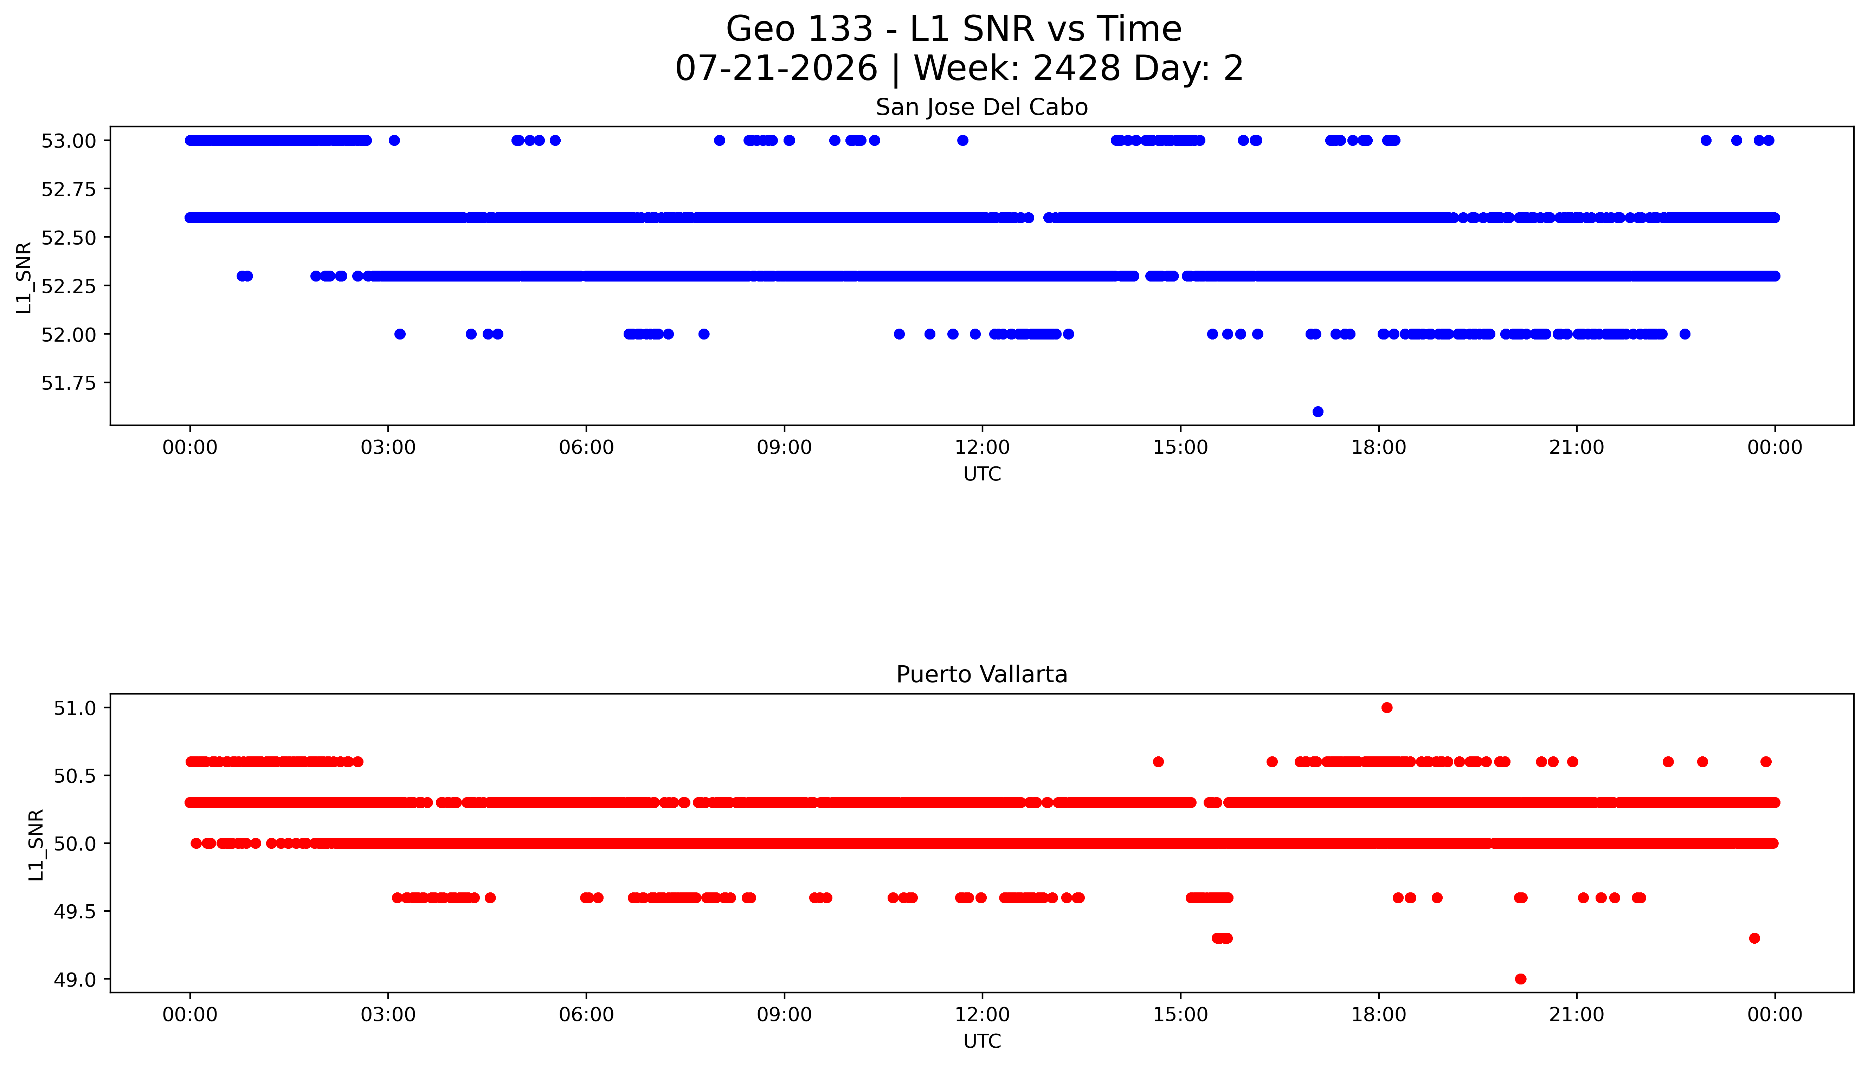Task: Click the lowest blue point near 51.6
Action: click(1318, 412)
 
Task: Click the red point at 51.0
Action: click(1386, 707)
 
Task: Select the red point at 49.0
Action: click(1520, 979)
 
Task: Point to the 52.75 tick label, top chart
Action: click(68, 189)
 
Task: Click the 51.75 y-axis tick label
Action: click(68, 383)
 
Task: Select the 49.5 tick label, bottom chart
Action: click(75, 911)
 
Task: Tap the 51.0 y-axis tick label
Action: click(75, 708)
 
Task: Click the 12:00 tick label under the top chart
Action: click(982, 447)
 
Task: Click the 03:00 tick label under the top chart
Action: click(388, 447)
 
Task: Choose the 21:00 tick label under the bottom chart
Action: click(1577, 1015)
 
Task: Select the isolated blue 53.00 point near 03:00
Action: click(394, 141)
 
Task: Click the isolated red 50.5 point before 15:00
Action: click(1158, 761)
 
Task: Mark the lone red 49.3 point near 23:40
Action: click(1754, 938)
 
